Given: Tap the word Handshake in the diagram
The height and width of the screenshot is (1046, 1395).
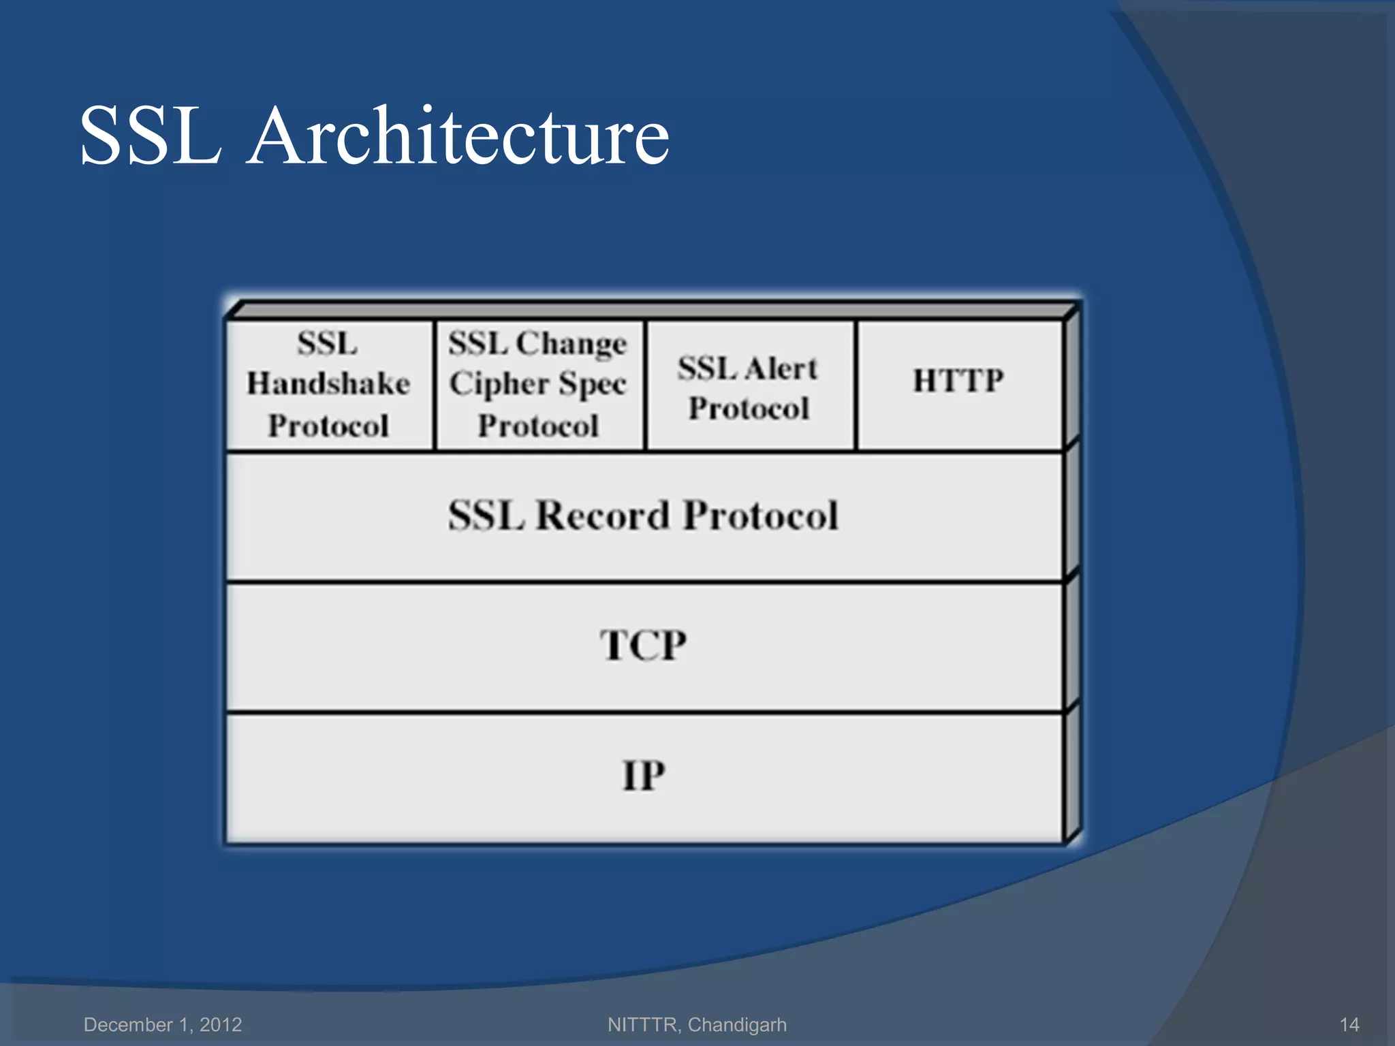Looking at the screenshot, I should click(x=328, y=383).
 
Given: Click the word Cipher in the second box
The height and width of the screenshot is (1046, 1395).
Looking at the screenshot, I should click(x=499, y=385).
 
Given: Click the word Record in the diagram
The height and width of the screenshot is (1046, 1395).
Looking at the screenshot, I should click(x=603, y=515).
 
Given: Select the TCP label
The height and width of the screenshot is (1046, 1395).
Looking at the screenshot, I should click(x=643, y=645).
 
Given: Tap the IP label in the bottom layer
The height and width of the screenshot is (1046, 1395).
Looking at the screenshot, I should click(x=643, y=775).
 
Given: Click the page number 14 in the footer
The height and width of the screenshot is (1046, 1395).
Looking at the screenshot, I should click(x=1349, y=1024).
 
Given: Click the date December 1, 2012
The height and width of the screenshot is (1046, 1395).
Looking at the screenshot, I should click(x=163, y=1024).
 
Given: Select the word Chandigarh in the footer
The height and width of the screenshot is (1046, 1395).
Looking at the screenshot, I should click(x=737, y=1024).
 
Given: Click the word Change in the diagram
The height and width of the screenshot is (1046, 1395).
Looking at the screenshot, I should click(x=571, y=344).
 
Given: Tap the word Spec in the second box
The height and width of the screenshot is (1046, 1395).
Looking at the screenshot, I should click(x=592, y=385).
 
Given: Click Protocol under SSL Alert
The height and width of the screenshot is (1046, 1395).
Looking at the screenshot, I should click(x=749, y=409).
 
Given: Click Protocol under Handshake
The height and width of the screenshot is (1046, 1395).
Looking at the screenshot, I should click(x=328, y=426).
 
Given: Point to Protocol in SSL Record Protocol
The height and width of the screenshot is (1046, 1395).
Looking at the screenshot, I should click(x=760, y=515).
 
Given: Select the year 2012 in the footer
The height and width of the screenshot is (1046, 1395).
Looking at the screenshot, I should click(x=221, y=1024).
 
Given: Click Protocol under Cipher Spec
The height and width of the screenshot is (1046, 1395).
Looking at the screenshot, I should click(x=538, y=426).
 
